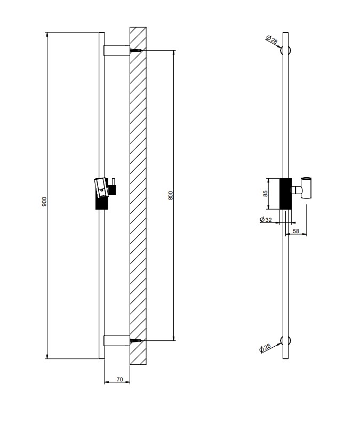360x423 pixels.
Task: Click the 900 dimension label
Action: (44, 202)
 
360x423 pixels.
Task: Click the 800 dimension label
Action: (171, 195)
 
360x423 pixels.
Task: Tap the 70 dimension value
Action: (119, 379)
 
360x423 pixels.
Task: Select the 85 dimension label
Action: (266, 194)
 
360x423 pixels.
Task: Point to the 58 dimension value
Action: (296, 231)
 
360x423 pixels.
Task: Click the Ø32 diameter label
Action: (266, 220)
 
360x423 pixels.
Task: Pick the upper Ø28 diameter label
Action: (271, 39)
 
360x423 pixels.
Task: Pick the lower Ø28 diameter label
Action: (265, 348)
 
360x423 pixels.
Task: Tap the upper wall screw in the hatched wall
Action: (135, 51)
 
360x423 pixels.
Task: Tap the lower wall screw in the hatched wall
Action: (135, 341)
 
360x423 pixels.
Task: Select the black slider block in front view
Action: (285, 194)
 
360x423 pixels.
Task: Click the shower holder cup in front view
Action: (306, 188)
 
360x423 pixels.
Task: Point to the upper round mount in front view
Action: (285, 51)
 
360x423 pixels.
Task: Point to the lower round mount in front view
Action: (285, 341)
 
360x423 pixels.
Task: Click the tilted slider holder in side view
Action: (102, 193)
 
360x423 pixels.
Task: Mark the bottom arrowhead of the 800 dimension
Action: (174, 338)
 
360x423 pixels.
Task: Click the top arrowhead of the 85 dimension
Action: (268, 180)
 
